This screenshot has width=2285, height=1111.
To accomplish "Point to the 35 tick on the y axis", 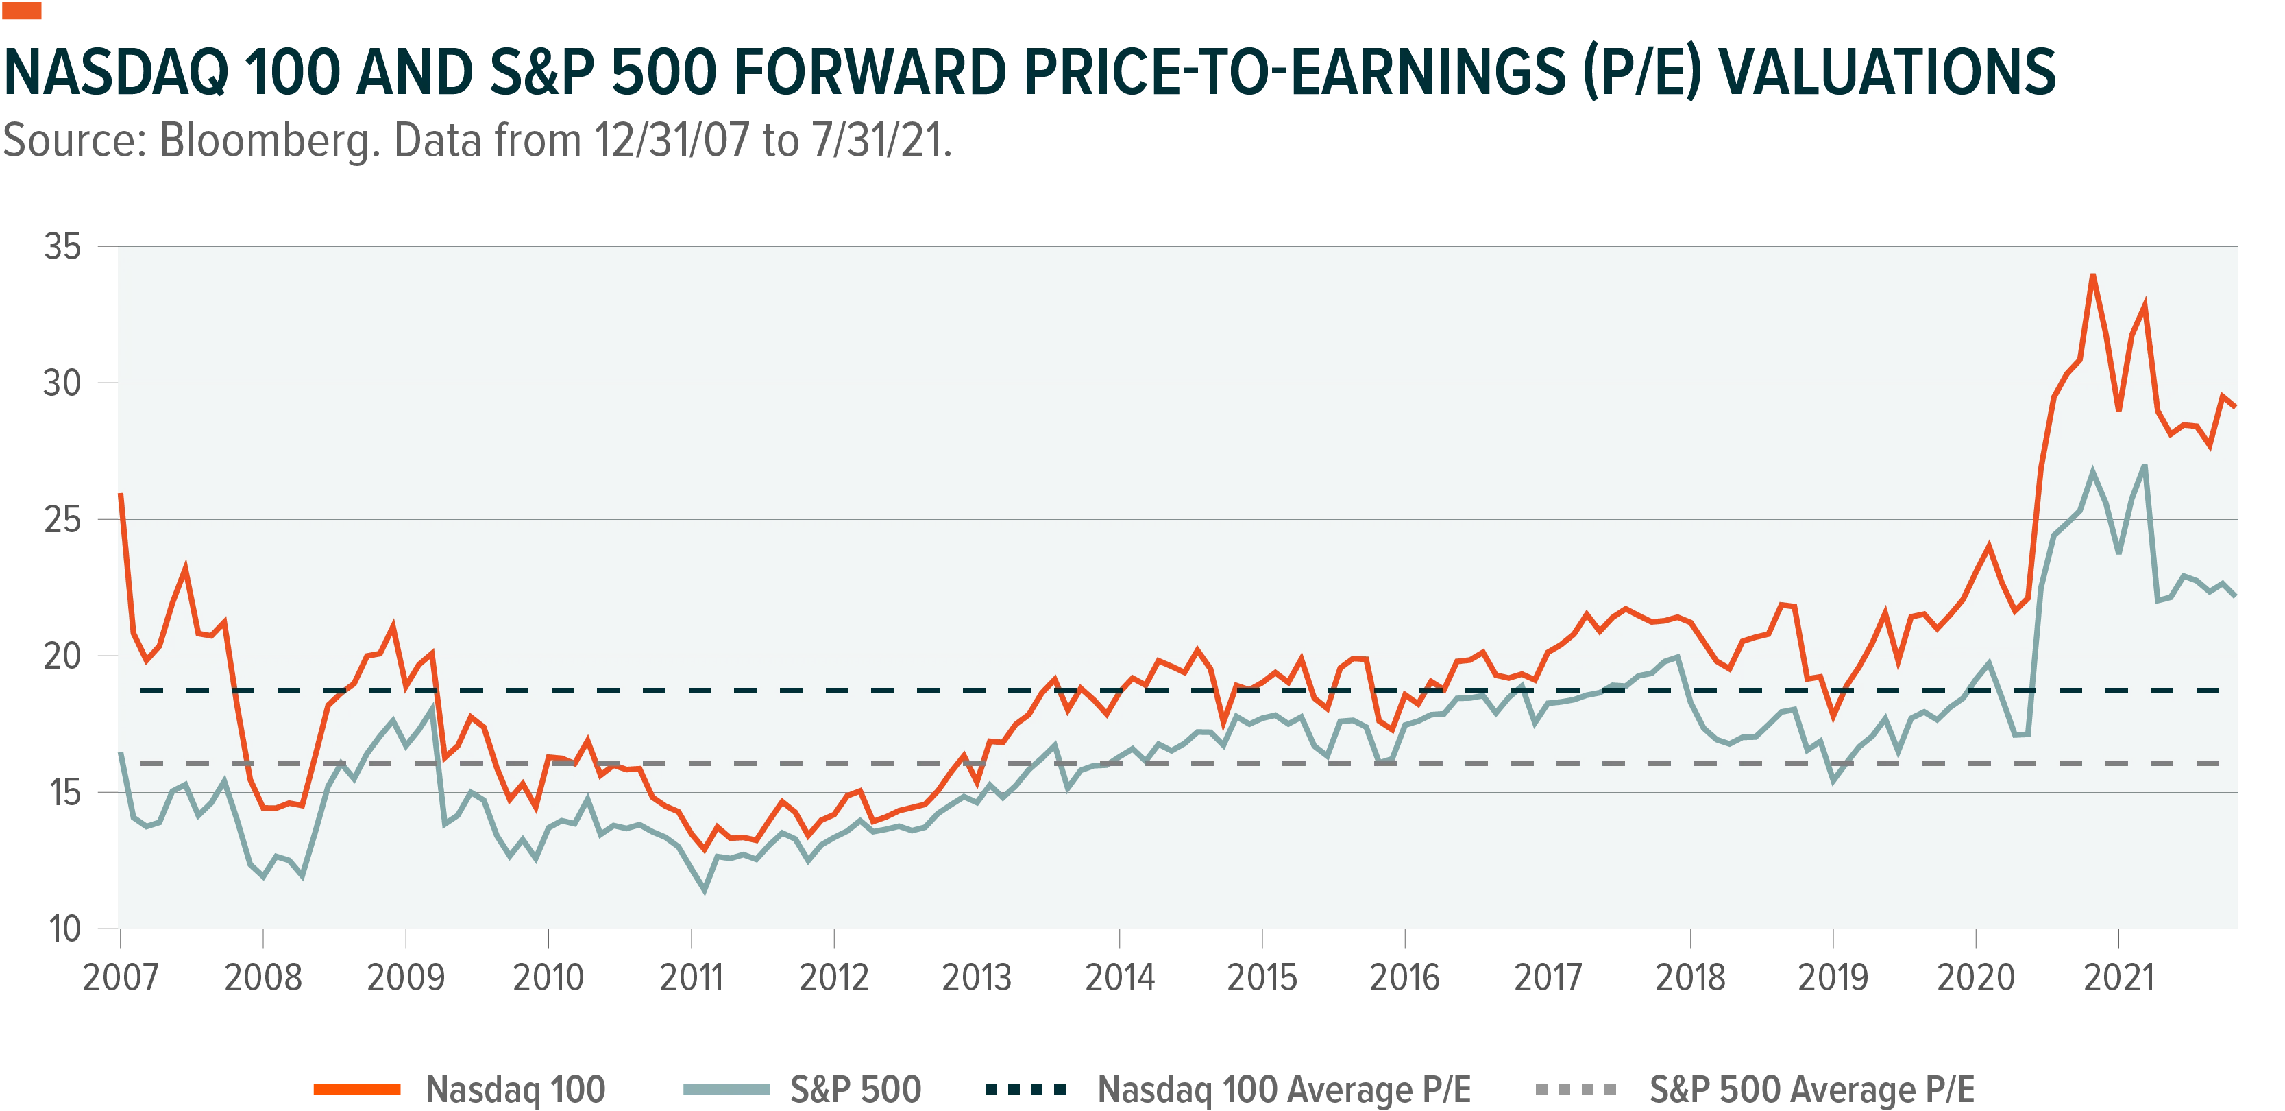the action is (x=63, y=247).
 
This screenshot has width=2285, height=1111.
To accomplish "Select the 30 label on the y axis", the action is (x=63, y=383).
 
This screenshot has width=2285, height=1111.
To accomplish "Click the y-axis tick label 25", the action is (x=63, y=520).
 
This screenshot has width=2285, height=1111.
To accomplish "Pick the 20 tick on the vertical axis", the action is (x=63, y=657).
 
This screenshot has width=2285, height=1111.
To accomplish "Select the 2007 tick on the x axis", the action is (x=121, y=978).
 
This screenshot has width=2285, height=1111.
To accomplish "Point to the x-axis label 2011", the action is (x=691, y=978).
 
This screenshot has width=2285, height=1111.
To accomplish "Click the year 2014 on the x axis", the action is (x=1119, y=978).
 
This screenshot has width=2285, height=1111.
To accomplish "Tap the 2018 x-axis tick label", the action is (x=1690, y=978).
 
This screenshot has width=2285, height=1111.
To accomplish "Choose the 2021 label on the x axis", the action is (x=2118, y=978).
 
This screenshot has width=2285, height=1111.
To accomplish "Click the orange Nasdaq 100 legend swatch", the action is (x=358, y=1090).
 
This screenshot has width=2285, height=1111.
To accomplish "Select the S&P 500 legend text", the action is (x=856, y=1090).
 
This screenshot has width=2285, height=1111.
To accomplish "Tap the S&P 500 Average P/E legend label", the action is (x=1812, y=1090).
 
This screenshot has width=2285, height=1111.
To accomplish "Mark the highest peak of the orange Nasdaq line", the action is (x=2092, y=275).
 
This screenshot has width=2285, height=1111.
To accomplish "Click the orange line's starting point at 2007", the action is (x=121, y=494).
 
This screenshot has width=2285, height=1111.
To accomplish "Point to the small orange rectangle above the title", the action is (x=22, y=11).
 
